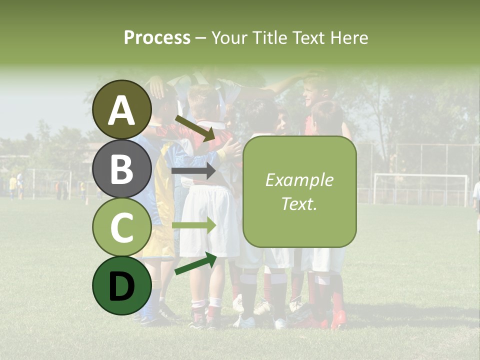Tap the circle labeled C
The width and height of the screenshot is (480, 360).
tap(122, 227)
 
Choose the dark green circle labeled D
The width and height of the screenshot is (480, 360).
tap(122, 286)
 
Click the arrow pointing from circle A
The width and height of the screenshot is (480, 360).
tap(194, 127)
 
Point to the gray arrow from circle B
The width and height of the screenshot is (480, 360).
tap(193, 171)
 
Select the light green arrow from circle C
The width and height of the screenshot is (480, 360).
tap(193, 225)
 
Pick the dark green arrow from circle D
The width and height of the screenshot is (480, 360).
tap(195, 263)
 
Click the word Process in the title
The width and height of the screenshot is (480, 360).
tap(157, 37)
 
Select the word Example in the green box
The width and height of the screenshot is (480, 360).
tap(299, 180)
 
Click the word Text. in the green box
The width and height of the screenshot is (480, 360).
tap(299, 204)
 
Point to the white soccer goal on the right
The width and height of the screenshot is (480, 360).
tap(420, 188)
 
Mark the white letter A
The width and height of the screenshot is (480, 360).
tap(122, 110)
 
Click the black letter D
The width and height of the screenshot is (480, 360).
tap(122, 286)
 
